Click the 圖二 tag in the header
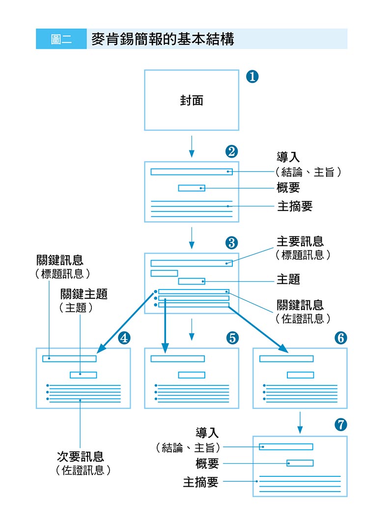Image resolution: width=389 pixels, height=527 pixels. point(61,39)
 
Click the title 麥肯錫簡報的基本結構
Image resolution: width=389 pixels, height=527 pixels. point(163,39)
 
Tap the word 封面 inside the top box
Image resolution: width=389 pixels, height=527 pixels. point(191,101)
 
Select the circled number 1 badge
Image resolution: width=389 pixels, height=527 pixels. point(252,77)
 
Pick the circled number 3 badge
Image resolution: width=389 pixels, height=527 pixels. point(231,242)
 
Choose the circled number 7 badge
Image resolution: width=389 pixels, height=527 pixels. point(340,425)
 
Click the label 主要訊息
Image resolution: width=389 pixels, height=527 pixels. point(300,242)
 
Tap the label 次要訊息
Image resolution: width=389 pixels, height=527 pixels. point(80,457)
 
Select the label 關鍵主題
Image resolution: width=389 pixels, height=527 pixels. point(84,294)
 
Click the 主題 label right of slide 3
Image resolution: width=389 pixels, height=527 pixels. point(288,280)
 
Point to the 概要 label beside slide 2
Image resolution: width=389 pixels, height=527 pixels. point(288,188)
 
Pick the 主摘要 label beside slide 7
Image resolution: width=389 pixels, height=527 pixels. point(200,482)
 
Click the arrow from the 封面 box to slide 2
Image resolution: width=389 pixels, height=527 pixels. point(192,146)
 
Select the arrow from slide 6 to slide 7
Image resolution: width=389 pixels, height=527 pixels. point(300,423)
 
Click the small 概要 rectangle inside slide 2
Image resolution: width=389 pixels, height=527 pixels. point(192,188)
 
